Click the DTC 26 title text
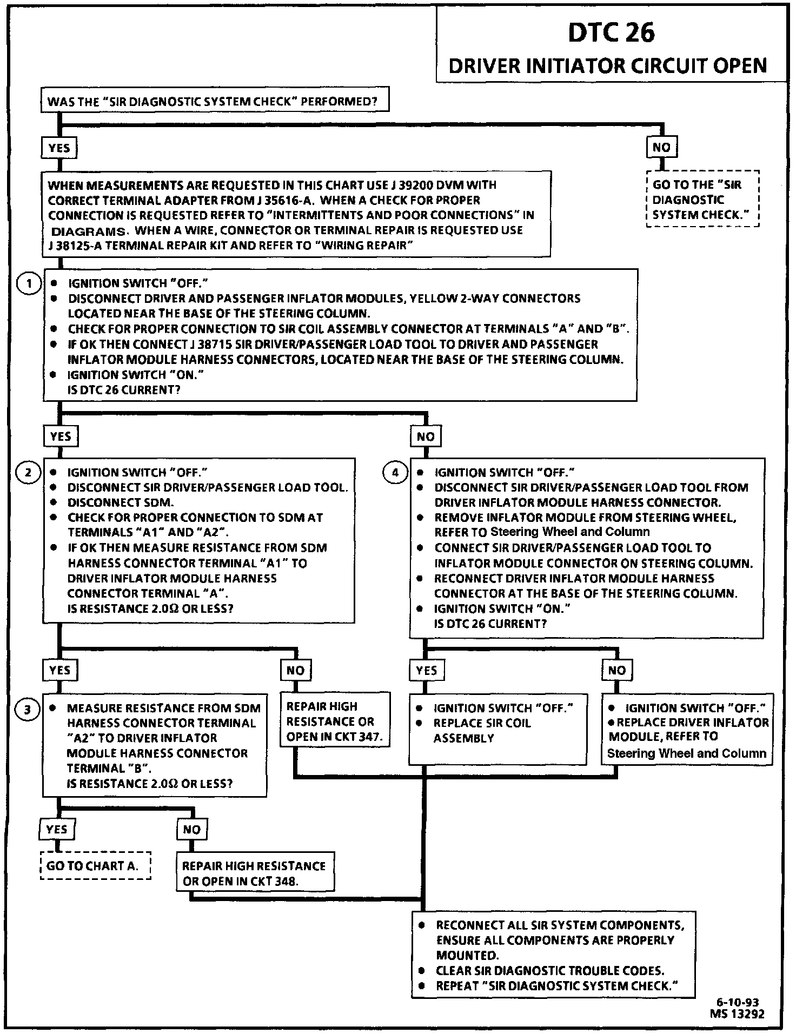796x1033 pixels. [x=611, y=32]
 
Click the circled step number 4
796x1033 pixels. [x=395, y=473]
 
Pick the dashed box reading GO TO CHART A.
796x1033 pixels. [x=95, y=866]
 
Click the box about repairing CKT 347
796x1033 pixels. [x=334, y=721]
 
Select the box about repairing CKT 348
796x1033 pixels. [x=255, y=873]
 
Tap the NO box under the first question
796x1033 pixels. [x=661, y=147]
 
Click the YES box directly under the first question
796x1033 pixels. [x=59, y=148]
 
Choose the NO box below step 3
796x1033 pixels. [x=192, y=830]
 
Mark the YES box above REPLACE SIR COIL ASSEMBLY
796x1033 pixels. [x=427, y=671]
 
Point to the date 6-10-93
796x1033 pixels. [x=738, y=1002]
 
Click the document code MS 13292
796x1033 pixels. [x=738, y=1014]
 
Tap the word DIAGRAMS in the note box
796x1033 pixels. [x=88, y=231]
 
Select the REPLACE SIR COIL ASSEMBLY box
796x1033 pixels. [x=497, y=729]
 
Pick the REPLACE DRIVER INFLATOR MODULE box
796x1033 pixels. [x=687, y=730]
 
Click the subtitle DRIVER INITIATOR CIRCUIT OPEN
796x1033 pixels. [x=608, y=66]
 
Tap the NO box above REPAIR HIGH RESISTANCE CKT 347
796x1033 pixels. [x=295, y=671]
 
